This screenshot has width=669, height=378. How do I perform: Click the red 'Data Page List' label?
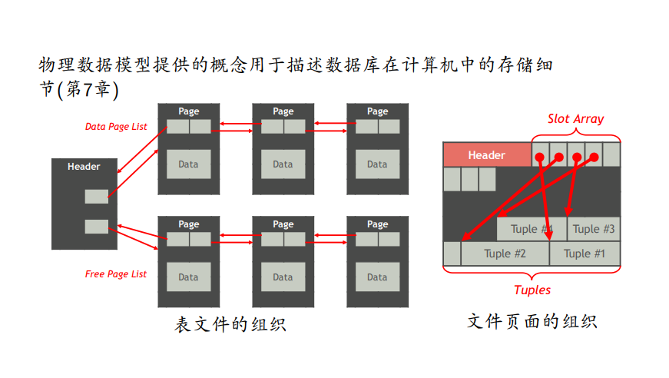click(115, 127)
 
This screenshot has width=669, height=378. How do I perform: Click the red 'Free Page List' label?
click(115, 274)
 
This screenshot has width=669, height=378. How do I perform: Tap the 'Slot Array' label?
click(575, 119)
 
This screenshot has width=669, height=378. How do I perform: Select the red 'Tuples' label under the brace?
click(532, 290)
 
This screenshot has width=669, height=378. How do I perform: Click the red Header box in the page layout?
click(487, 155)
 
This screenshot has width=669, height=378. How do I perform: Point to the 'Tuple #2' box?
click(505, 254)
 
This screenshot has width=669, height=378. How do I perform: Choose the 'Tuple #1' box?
click(585, 254)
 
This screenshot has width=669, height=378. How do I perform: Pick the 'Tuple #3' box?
click(594, 229)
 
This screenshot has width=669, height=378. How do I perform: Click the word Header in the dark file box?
click(84, 167)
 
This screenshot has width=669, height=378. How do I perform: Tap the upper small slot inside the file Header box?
click(97, 197)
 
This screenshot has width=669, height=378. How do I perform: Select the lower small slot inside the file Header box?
click(97, 226)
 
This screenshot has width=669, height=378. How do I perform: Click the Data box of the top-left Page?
click(188, 164)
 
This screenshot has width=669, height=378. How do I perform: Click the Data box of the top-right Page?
click(377, 164)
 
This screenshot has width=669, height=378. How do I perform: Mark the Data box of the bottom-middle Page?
click(283, 277)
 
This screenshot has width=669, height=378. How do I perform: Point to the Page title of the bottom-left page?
click(189, 224)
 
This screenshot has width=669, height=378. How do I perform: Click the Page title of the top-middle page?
click(283, 111)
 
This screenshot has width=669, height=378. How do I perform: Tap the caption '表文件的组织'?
click(230, 324)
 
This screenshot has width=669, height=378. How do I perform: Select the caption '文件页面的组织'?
click(532, 321)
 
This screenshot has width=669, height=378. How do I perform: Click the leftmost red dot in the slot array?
click(540, 158)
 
